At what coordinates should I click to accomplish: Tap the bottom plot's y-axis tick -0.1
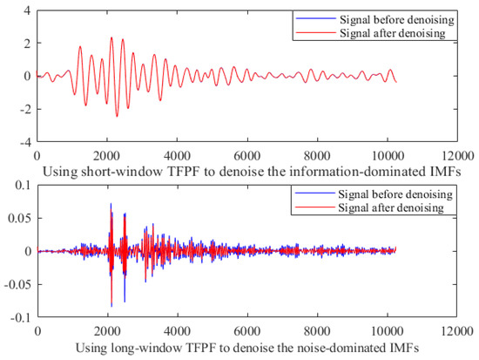(x=21, y=317)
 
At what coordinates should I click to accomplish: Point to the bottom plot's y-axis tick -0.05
(x=18, y=284)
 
